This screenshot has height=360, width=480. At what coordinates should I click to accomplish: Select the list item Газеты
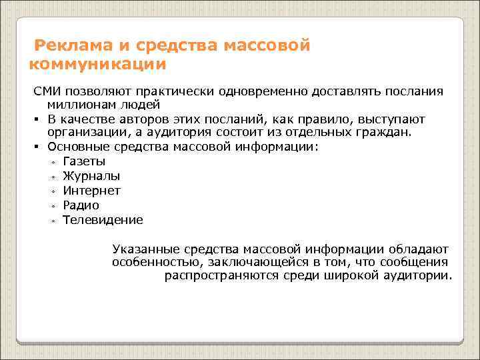84,161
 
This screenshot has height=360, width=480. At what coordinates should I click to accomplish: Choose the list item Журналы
91,176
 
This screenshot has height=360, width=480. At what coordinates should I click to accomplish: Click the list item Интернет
91,191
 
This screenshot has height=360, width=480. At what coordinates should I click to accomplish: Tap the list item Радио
81,205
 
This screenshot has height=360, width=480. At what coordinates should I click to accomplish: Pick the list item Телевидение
103,220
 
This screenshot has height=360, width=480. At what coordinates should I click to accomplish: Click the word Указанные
142,248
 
